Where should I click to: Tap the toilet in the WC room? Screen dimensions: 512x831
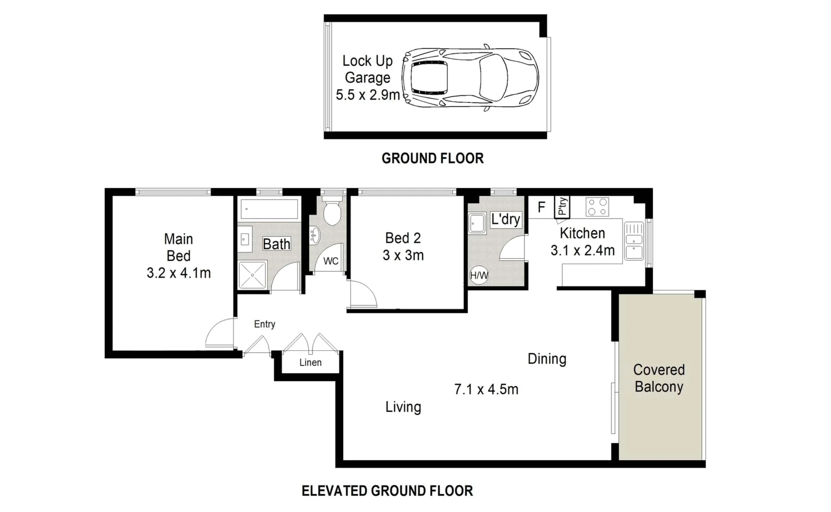pyautogui.click(x=332, y=213)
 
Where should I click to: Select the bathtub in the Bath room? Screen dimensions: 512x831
pyautogui.click(x=269, y=209)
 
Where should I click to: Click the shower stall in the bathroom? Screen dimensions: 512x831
pyautogui.click(x=252, y=274)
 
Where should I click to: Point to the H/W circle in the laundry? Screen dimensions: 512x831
pyautogui.click(x=479, y=275)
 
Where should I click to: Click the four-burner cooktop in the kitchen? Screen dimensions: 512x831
pyautogui.click(x=597, y=207)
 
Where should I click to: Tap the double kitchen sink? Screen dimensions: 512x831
pyautogui.click(x=634, y=241)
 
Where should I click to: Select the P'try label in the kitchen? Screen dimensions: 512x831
pyautogui.click(x=562, y=207)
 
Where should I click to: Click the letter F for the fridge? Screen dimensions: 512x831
pyautogui.click(x=542, y=207)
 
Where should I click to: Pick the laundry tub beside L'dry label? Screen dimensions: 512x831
pyautogui.click(x=477, y=223)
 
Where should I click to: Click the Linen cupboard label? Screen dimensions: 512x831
pyautogui.click(x=310, y=363)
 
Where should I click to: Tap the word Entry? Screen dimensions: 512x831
pyautogui.click(x=264, y=324)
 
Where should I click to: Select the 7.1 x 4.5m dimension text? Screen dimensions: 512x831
pyautogui.click(x=486, y=389)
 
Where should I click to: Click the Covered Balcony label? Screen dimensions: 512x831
pyautogui.click(x=659, y=378)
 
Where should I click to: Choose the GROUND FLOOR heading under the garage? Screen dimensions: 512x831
pyautogui.click(x=433, y=158)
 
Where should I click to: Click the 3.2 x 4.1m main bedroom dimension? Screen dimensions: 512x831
pyautogui.click(x=179, y=273)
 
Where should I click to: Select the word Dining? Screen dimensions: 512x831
pyautogui.click(x=547, y=359)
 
